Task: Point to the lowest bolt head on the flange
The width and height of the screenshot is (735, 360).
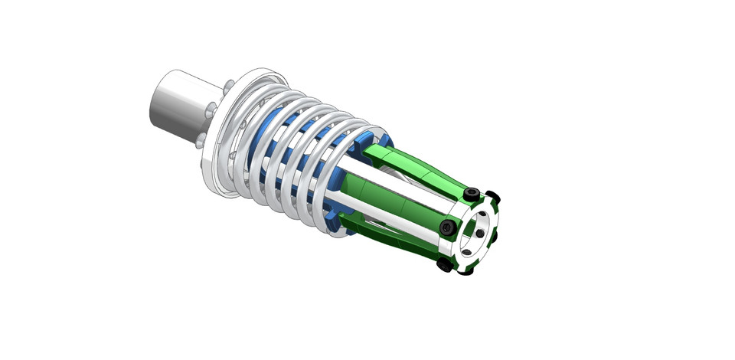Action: pyautogui.click(x=201, y=142)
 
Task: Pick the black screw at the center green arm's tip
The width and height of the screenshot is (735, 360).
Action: pyautogui.click(x=447, y=227)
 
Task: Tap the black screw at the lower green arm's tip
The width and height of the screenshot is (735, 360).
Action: pyautogui.click(x=444, y=265)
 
